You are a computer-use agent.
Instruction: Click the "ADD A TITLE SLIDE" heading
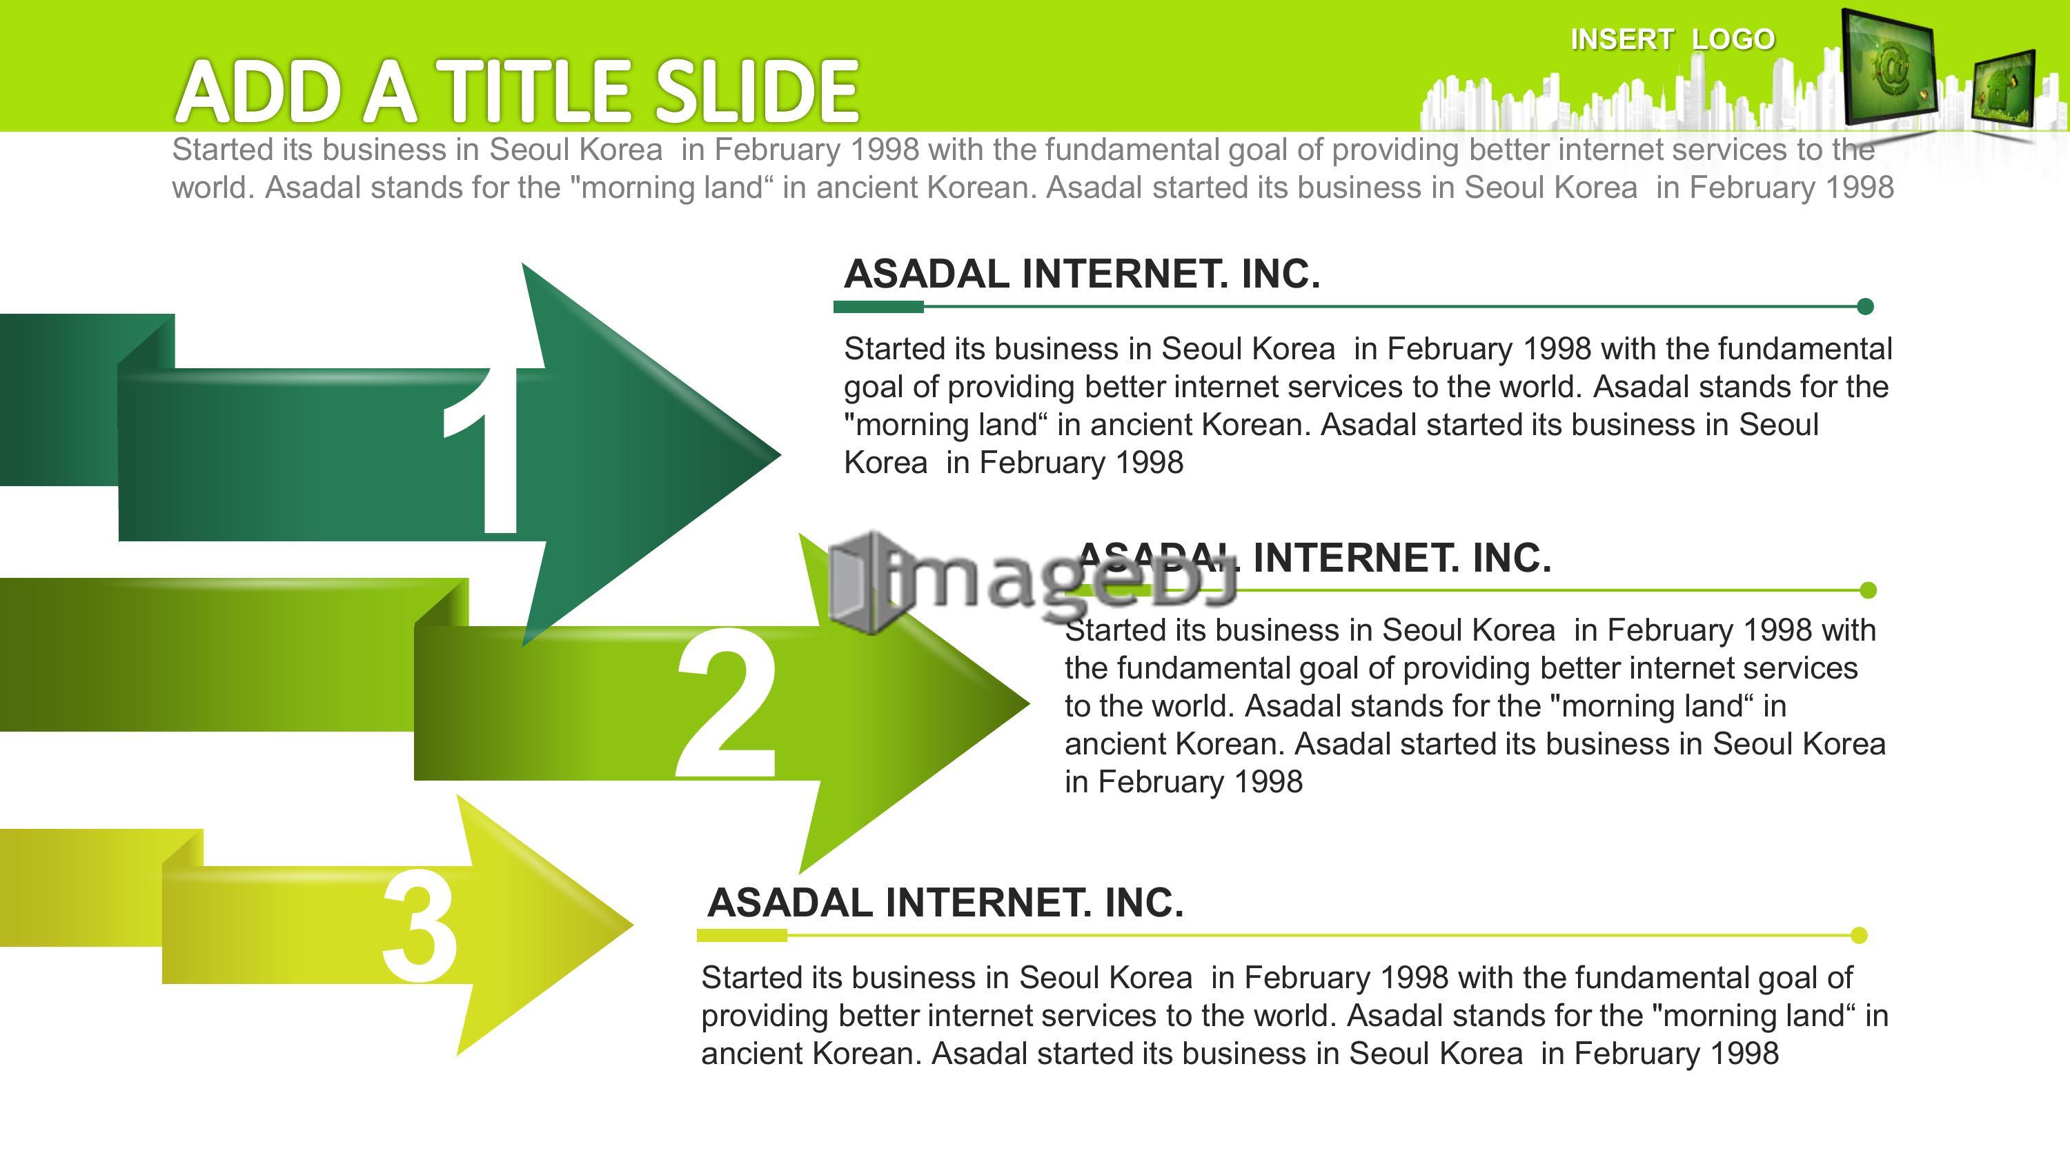click(x=517, y=91)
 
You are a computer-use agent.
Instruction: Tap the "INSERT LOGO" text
click(x=1673, y=39)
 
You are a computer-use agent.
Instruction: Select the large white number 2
click(x=727, y=705)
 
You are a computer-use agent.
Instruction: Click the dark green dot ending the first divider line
click(x=1866, y=306)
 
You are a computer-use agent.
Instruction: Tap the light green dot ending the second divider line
click(x=1869, y=590)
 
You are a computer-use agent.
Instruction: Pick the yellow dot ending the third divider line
click(x=1859, y=935)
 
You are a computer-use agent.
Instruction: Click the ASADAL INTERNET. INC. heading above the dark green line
click(x=1082, y=274)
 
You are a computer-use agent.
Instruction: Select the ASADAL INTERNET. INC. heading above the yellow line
click(x=945, y=903)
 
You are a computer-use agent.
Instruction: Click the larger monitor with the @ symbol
click(x=1888, y=68)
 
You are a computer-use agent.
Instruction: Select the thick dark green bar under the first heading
click(x=878, y=306)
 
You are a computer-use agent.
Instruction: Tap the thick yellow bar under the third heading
click(x=742, y=935)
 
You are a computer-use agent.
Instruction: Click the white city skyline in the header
click(x=1631, y=101)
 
